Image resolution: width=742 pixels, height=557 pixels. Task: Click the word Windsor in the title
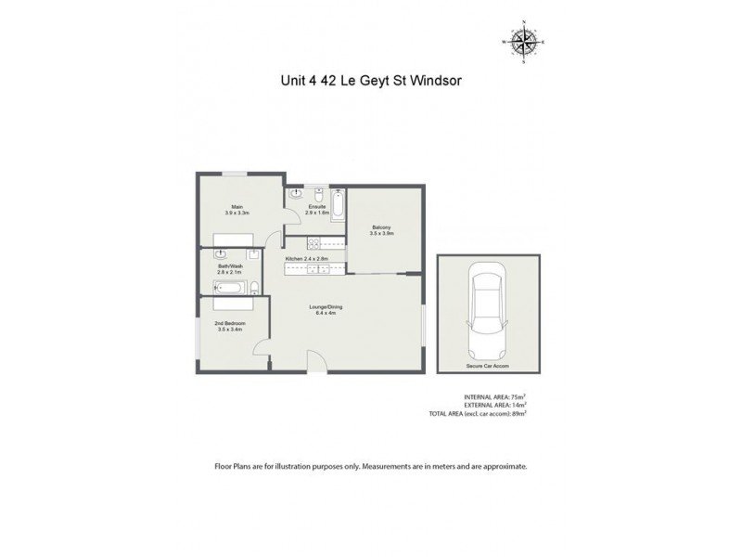pos(436,80)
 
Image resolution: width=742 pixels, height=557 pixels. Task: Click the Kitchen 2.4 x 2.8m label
pos(308,258)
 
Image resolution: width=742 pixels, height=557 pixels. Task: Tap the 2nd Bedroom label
pos(230,326)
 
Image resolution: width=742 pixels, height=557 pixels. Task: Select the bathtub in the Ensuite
pos(337,204)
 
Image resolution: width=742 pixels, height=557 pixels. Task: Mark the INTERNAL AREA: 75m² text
pos(495,396)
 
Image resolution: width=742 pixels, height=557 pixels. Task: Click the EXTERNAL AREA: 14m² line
pos(494,405)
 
